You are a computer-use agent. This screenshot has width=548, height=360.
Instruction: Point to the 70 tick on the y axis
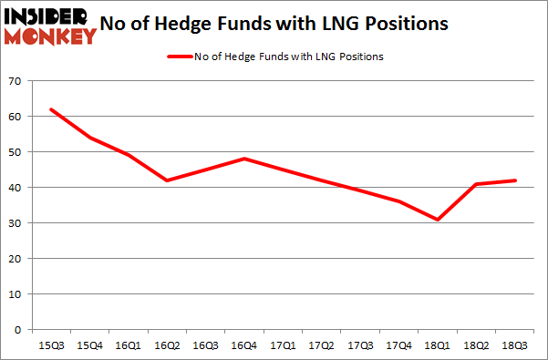(x=16, y=82)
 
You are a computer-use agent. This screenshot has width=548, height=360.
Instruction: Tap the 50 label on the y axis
(x=16, y=152)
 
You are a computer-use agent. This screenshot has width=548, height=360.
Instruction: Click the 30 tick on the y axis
(x=16, y=223)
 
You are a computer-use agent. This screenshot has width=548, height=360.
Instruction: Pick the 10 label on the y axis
(x=16, y=293)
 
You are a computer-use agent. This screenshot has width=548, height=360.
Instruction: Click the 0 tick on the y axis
(x=18, y=329)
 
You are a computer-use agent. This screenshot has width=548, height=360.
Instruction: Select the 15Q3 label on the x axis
(x=51, y=346)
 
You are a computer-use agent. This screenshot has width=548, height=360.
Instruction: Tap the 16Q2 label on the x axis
(x=166, y=346)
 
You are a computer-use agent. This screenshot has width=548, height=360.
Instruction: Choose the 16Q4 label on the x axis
(x=243, y=346)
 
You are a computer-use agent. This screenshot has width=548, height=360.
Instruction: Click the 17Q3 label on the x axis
(x=359, y=346)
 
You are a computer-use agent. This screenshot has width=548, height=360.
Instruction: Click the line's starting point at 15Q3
(x=51, y=109)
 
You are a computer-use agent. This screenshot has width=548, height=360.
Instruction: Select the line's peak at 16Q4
(x=243, y=159)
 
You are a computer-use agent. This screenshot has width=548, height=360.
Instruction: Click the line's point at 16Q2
(x=166, y=180)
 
